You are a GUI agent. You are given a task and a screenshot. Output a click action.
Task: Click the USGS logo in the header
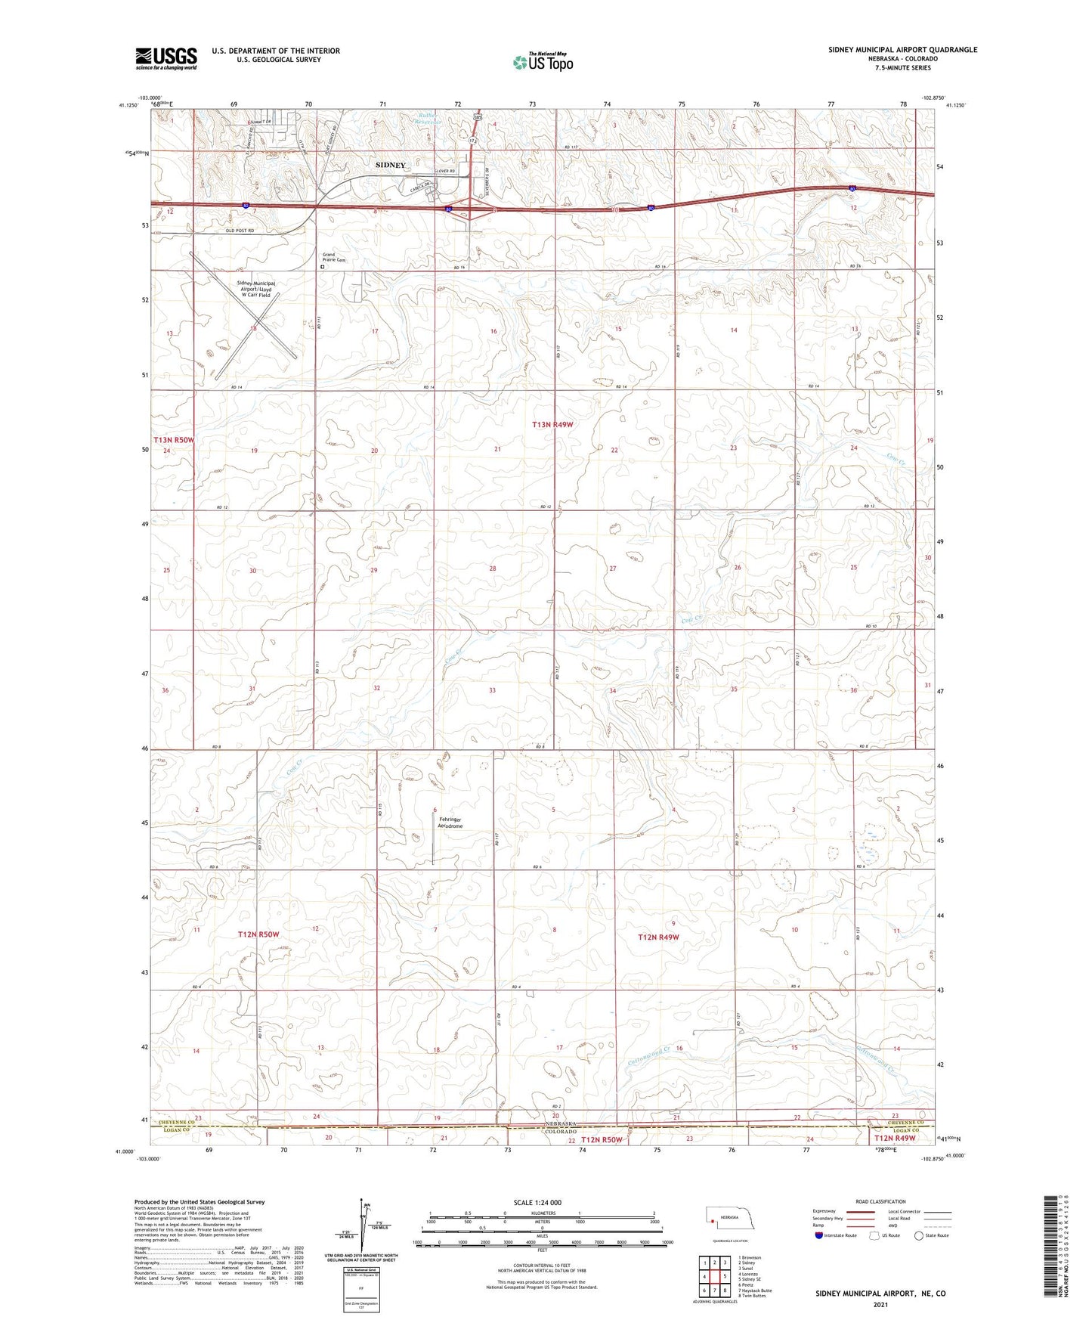click(x=166, y=57)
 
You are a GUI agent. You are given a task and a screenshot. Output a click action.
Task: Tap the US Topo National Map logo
click(x=542, y=61)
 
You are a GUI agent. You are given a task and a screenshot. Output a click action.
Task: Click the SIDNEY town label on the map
click(x=391, y=165)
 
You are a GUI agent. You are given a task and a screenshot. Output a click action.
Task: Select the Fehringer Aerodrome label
click(x=450, y=823)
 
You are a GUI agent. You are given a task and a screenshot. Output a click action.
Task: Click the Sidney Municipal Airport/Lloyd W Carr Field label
click(x=255, y=289)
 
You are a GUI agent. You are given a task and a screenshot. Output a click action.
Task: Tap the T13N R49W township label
click(x=552, y=425)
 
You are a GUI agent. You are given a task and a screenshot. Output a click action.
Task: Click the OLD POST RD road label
click(x=240, y=231)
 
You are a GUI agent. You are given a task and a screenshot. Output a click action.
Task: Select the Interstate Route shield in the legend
click(x=818, y=1235)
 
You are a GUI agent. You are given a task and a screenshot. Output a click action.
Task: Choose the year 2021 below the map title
click(x=880, y=1304)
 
